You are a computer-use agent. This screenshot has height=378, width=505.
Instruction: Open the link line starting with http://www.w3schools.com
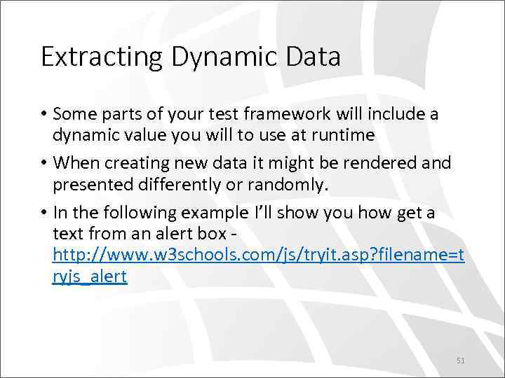click(x=258, y=255)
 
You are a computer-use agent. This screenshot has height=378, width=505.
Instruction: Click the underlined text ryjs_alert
click(x=90, y=276)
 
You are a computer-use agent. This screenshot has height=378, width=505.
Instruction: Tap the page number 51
click(x=461, y=360)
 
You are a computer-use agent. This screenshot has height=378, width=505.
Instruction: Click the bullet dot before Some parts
click(x=44, y=113)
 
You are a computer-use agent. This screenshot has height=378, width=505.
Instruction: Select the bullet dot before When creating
click(x=44, y=163)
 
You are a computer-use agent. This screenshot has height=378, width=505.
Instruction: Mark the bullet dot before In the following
click(x=44, y=213)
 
